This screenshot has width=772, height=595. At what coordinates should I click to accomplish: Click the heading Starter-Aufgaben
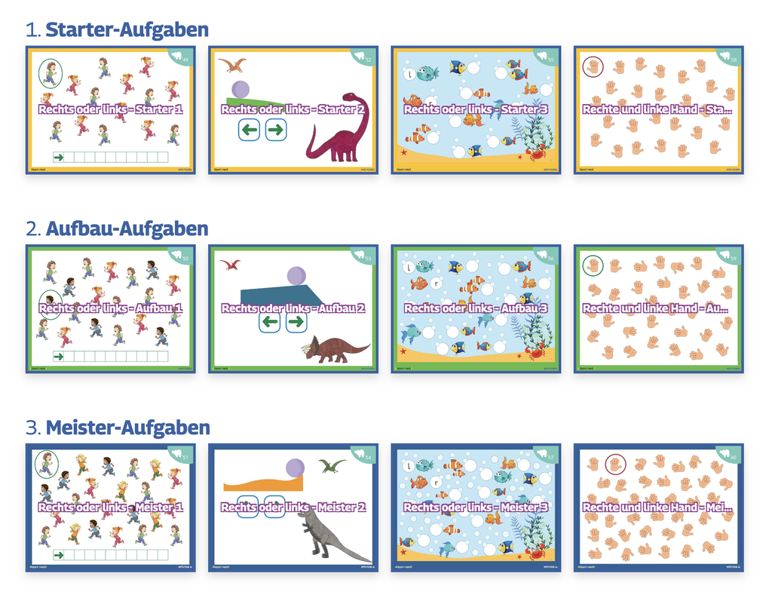(x=127, y=30)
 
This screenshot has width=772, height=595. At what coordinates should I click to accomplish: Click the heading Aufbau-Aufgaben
(x=127, y=228)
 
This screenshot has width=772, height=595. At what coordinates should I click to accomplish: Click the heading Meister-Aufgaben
(x=127, y=428)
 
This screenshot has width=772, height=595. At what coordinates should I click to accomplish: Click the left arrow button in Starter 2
(x=250, y=130)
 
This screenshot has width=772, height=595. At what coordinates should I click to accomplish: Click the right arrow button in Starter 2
(x=275, y=130)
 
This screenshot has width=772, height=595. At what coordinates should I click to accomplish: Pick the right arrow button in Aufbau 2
(x=296, y=323)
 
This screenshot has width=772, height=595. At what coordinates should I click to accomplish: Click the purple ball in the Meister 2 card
(x=296, y=468)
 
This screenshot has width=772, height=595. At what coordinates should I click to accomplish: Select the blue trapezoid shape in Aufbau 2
(x=281, y=296)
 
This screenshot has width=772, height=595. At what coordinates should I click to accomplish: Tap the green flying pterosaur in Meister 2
(x=331, y=466)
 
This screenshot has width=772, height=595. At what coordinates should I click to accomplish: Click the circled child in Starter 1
(x=50, y=73)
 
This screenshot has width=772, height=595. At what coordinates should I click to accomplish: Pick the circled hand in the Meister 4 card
(x=615, y=464)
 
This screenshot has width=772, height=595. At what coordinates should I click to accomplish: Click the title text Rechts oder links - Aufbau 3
(x=476, y=308)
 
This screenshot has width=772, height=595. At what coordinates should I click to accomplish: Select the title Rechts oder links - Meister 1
(x=111, y=508)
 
